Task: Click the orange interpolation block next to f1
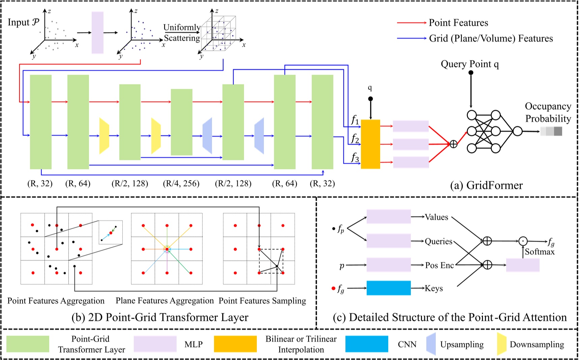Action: click(x=370, y=144)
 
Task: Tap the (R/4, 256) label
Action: click(x=181, y=184)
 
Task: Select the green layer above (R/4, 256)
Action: click(x=182, y=122)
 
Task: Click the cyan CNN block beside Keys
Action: click(x=388, y=288)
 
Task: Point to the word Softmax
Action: click(x=540, y=252)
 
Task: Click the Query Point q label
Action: click(x=469, y=64)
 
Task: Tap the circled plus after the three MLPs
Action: click(x=454, y=144)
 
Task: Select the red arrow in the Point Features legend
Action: click(x=412, y=23)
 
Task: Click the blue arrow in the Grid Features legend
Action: click(x=412, y=38)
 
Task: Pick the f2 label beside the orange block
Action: click(x=355, y=139)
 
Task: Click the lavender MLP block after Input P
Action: click(x=97, y=32)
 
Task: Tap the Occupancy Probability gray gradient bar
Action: click(x=551, y=131)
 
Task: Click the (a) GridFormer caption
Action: click(x=486, y=185)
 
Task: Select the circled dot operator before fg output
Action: click(x=523, y=241)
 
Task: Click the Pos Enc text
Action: click(x=439, y=265)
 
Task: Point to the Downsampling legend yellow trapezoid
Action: click(x=501, y=344)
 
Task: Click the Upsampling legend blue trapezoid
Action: click(x=431, y=344)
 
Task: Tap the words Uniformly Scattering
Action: click(x=182, y=33)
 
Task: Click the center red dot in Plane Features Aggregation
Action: click(x=167, y=249)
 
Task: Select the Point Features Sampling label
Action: click(x=262, y=301)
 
